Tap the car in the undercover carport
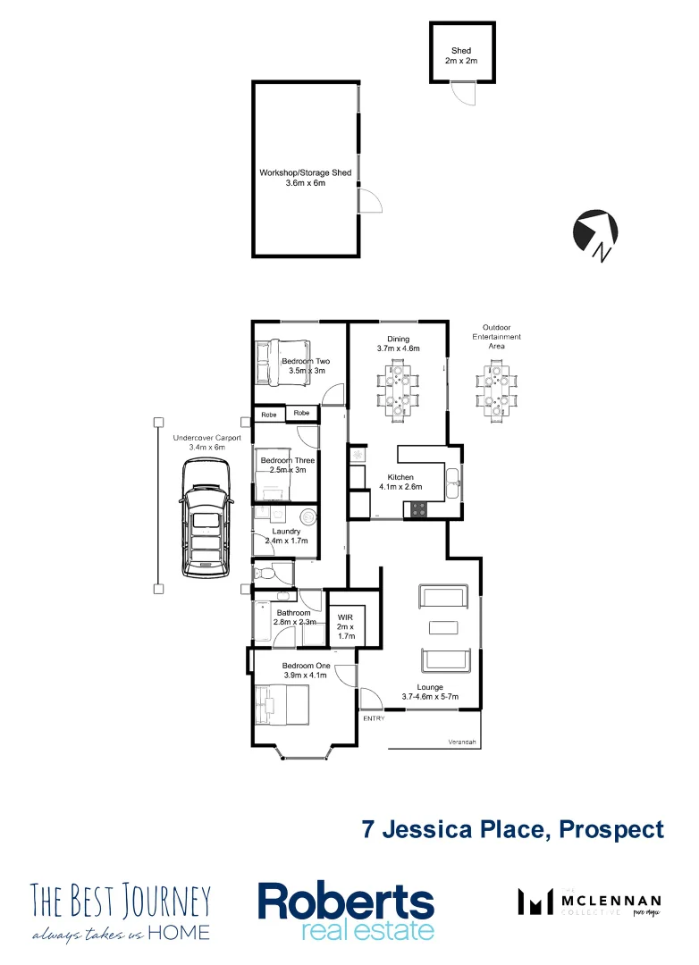(205, 518)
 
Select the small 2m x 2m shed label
(461, 56)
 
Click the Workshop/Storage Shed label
(306, 177)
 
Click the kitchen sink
(453, 482)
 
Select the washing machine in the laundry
(307, 516)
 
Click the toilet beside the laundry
(261, 573)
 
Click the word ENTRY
(374, 718)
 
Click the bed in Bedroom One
(282, 705)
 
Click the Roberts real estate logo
(346, 910)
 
